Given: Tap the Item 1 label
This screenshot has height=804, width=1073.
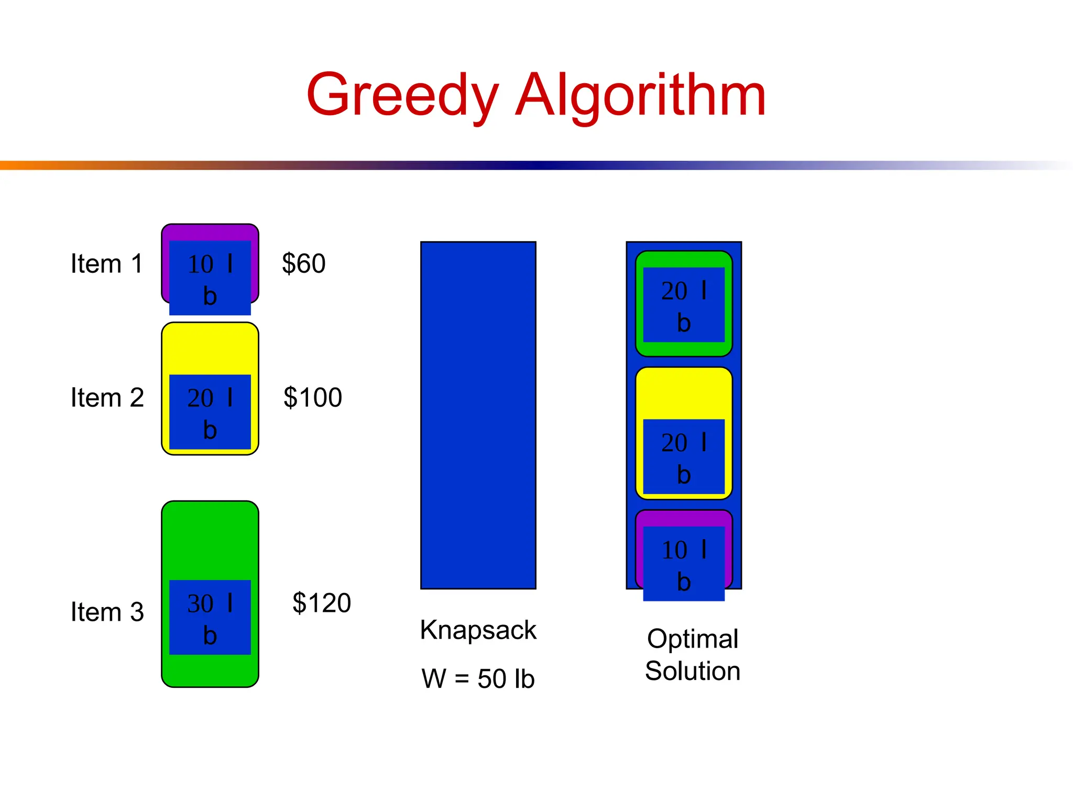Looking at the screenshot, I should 107,264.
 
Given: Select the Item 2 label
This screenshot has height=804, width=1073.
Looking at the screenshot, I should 107,398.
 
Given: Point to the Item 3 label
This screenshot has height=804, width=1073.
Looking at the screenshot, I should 107,612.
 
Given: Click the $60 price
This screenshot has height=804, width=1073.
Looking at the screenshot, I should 303,263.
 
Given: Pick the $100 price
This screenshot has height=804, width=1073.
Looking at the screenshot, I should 313,397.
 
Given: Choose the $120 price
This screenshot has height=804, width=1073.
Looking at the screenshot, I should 321,602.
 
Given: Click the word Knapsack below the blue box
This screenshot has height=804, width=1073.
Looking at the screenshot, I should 478,630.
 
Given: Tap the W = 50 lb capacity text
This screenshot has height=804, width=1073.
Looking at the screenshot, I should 478,679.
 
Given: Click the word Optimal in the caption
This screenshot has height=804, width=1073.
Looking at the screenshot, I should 692,639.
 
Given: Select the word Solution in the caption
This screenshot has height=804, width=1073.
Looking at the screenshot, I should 692,671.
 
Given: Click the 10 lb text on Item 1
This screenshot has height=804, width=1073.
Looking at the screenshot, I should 210,279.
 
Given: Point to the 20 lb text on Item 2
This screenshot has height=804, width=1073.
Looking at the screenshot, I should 210,413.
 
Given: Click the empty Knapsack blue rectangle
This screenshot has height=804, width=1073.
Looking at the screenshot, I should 478,415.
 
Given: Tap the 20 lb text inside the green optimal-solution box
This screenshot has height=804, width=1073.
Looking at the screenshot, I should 683,306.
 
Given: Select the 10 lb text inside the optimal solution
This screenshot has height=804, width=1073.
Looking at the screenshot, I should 683,565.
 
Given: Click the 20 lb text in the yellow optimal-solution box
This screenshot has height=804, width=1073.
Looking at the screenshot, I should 683,458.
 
